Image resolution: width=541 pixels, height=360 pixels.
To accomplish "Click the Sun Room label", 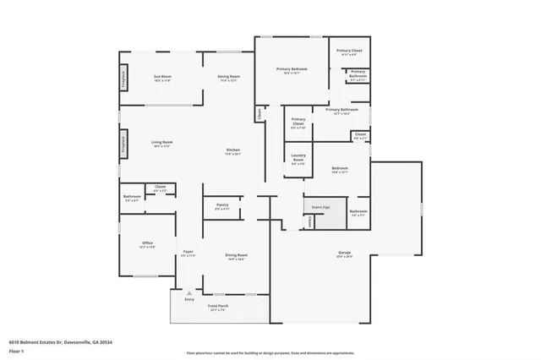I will pyautogui.click(x=162, y=79).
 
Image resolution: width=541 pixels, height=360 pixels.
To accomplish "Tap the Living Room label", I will pyautogui.click(x=161, y=144).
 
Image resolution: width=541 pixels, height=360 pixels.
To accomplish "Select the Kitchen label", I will pyautogui.click(x=233, y=152).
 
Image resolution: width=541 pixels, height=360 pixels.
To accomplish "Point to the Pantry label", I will pyautogui.click(x=222, y=205).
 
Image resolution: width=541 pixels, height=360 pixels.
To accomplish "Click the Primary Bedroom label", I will pyautogui.click(x=292, y=70).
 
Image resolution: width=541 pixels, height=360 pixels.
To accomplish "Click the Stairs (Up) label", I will pyautogui.click(x=320, y=205).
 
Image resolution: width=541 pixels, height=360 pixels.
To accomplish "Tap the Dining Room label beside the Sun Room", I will pyautogui.click(x=227, y=79).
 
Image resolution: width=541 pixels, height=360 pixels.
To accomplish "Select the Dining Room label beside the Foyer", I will pyautogui.click(x=236, y=256).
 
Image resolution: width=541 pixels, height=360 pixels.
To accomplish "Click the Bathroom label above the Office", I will pyautogui.click(x=132, y=198).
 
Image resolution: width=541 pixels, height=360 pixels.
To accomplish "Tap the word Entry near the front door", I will pyautogui.click(x=189, y=300).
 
